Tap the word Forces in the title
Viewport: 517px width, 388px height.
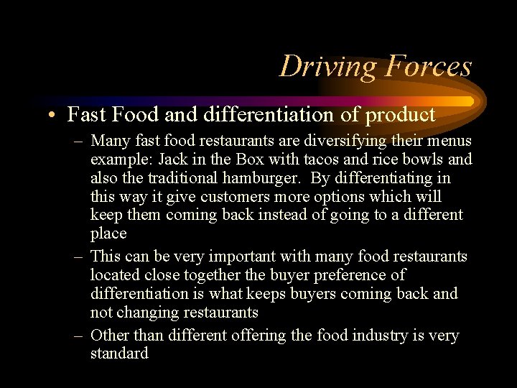click(428, 66)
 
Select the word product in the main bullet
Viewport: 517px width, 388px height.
click(401, 114)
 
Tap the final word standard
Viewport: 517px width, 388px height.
click(119, 354)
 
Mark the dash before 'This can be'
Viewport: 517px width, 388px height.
click(78, 257)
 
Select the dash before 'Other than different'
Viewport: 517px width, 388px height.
click(78, 336)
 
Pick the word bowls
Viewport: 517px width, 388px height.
click(426, 159)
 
